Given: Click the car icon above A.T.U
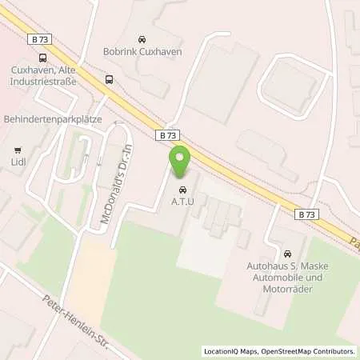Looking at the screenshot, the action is [182, 190].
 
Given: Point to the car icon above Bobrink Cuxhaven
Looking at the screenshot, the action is [142, 39].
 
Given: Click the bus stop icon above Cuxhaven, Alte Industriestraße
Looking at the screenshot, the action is [41, 57].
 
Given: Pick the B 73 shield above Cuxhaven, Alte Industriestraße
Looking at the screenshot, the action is [42, 38].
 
